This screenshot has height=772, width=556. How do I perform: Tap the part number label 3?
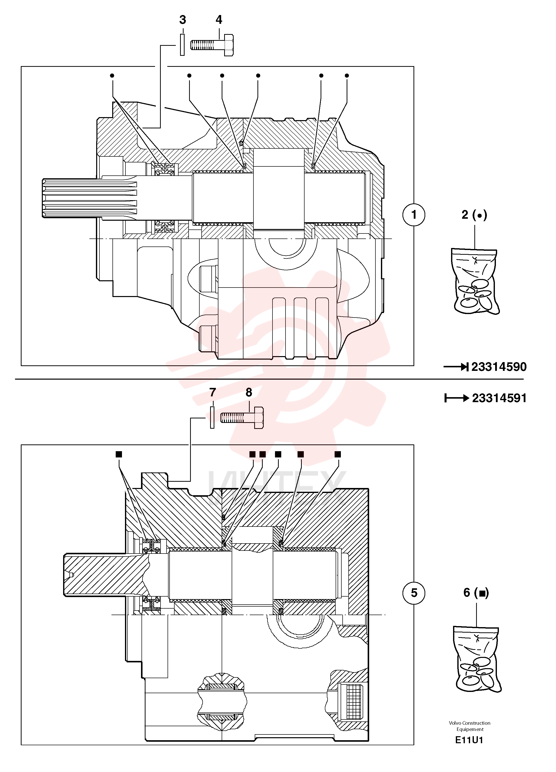tap(183, 20)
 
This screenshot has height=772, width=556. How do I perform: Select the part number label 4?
tap(219, 20)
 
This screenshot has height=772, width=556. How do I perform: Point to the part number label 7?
tap(213, 392)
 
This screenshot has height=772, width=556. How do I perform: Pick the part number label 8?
tap(249, 392)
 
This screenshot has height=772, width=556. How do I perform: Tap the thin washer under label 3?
tap(182, 45)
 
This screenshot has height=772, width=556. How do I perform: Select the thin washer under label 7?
tap(212, 418)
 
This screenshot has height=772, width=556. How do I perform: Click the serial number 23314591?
tap(499, 398)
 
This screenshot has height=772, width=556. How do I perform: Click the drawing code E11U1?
tap(469, 740)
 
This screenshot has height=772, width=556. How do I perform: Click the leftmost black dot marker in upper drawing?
tap(112, 76)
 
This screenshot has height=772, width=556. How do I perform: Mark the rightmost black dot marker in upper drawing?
tap(347, 76)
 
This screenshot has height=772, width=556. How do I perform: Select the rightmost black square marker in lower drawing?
tap(338, 454)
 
